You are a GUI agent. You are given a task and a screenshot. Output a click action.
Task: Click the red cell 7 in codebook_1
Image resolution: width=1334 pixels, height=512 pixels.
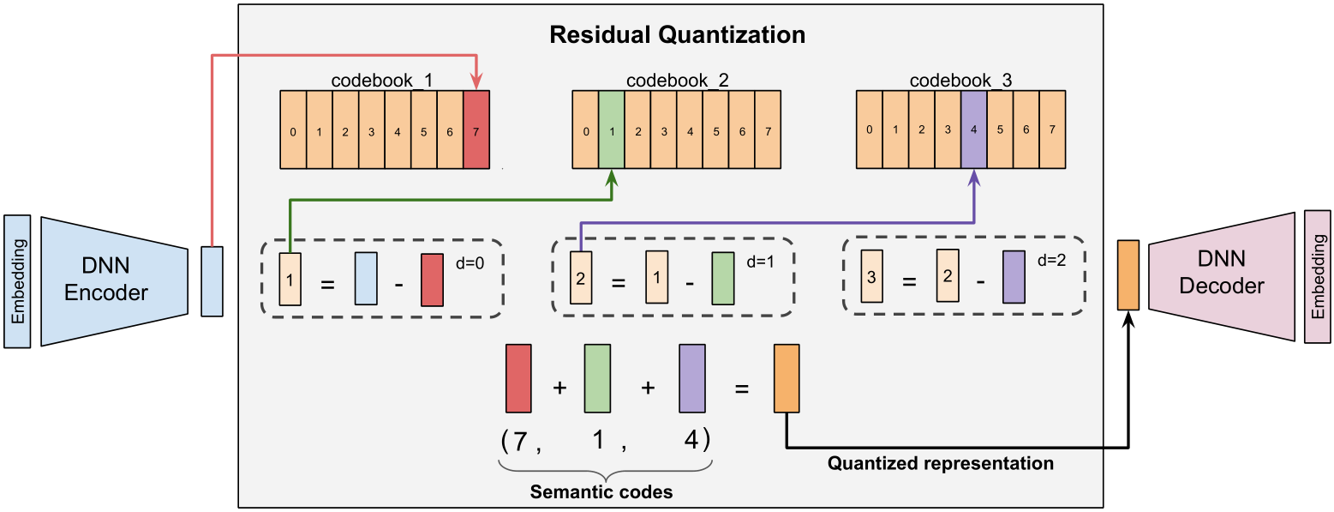[476, 130]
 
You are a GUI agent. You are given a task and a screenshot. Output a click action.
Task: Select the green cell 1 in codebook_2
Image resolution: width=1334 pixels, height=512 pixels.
[612, 130]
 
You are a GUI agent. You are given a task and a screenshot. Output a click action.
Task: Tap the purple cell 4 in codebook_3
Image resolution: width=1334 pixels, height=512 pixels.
[973, 130]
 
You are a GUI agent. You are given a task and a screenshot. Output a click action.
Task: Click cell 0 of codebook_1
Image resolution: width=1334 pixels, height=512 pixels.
[293, 130]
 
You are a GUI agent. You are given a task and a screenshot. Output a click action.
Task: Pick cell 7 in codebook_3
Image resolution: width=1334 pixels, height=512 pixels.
[1052, 130]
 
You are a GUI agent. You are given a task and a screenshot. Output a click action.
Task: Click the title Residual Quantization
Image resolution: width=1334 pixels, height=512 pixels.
[677, 34]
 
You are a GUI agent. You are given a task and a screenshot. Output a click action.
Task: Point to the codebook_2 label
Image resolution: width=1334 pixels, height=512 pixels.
[677, 80]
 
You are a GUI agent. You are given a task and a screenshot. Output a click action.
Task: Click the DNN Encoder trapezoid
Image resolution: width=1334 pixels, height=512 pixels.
[114, 281]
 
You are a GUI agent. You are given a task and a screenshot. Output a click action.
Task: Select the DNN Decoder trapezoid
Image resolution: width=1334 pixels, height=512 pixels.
[1222, 276]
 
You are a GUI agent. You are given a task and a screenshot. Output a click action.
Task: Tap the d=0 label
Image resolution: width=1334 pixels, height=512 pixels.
[470, 262]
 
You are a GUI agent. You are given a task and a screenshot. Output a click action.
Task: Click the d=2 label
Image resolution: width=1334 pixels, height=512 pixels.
[1052, 260]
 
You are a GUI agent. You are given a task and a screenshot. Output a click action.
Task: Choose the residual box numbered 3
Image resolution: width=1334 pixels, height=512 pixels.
[871, 276]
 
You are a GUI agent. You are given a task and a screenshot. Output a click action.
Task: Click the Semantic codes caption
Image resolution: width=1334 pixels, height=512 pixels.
[601, 491]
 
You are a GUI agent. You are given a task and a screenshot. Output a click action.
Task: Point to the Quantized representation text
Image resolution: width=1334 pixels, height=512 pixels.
[941, 463]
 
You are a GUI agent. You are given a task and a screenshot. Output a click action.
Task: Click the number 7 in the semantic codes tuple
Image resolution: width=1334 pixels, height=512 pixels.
[520, 441]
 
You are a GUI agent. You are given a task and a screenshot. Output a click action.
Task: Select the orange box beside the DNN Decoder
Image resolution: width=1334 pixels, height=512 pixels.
[1128, 274]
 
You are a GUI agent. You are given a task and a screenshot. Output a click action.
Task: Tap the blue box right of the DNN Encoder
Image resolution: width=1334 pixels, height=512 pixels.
[212, 281]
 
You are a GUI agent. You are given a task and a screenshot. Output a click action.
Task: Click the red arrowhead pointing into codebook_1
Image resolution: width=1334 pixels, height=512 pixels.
[476, 82]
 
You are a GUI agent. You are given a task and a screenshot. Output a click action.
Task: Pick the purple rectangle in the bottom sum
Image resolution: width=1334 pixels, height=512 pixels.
[692, 378]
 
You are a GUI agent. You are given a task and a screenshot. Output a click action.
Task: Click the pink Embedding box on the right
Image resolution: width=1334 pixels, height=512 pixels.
[1318, 276]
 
